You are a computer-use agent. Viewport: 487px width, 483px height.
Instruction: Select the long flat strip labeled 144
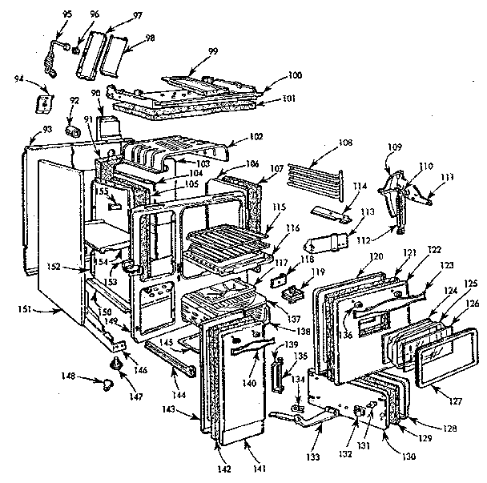pos(170,360)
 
